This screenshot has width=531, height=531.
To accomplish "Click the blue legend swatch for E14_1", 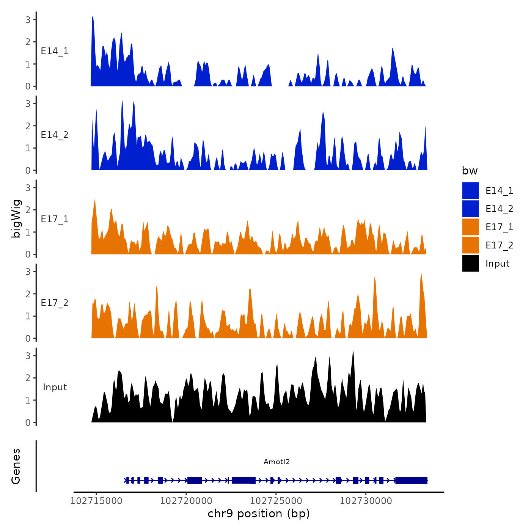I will tap(470, 190).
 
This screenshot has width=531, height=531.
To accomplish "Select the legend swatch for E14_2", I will tap(470, 209).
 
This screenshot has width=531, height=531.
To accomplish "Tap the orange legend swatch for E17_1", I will tap(470, 227).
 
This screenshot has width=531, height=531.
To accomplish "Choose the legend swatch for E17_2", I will tap(470, 245).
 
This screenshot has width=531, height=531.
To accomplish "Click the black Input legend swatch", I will tap(470, 263).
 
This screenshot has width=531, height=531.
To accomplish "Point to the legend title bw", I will tap(470, 171).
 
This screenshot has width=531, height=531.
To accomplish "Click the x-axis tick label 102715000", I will tap(96, 501).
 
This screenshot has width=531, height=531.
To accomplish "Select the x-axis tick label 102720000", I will tap(186, 501).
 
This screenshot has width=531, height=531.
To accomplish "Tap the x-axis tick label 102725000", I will tap(276, 501).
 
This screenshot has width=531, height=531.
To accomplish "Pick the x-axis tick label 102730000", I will tap(366, 501).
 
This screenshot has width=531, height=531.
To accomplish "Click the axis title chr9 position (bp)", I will tap(259, 514).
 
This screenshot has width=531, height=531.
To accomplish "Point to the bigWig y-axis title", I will tap(16, 219).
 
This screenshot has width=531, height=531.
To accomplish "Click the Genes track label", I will tap(16, 466).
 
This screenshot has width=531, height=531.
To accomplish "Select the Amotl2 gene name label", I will tap(276, 462).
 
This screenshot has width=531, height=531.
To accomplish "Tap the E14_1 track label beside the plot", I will tap(55, 51).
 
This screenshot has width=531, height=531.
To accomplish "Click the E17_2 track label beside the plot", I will tap(55, 303).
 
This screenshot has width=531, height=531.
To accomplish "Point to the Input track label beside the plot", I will tap(55, 387).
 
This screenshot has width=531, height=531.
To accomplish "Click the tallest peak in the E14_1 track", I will tap(93, 18).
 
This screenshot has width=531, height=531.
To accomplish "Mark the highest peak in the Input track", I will tap(353, 352).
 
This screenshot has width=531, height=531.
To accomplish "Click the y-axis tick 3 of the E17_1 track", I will tap(28, 187).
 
